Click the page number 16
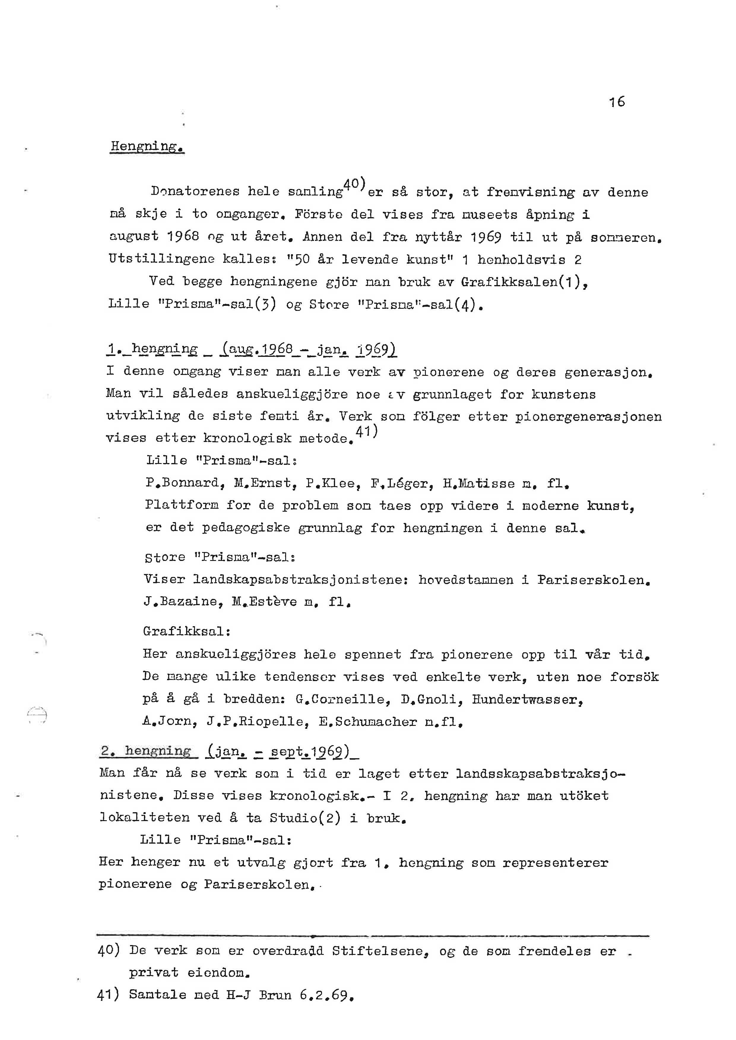pyautogui.click(x=617, y=101)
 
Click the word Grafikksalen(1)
pyautogui.click(x=521, y=282)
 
